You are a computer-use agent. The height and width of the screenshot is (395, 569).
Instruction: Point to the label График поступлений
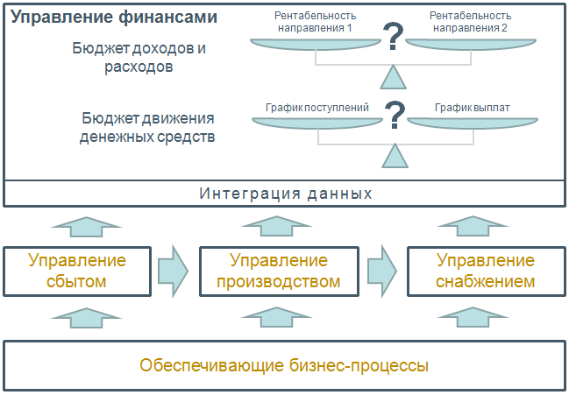317,108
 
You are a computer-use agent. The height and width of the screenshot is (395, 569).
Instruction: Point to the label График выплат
473,108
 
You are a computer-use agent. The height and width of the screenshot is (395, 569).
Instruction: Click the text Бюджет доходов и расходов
139,56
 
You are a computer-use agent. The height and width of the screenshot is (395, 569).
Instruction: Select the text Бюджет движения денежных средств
147,128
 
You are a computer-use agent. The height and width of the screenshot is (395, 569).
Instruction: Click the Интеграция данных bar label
286,194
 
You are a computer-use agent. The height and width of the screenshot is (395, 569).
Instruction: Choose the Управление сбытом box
77,271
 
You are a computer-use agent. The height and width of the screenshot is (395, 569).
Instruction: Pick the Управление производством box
279,271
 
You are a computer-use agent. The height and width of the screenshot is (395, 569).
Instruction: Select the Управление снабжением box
485,271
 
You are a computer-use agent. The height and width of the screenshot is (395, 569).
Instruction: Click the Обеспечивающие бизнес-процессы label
285,364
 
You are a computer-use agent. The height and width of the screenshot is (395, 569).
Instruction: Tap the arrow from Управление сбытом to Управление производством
174,270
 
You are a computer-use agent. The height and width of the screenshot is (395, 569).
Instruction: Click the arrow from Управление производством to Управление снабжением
381,270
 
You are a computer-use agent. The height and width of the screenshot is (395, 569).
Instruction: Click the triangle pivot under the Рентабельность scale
395,78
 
